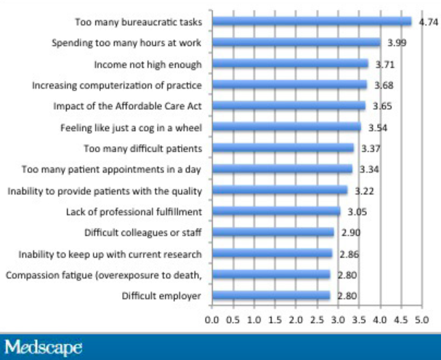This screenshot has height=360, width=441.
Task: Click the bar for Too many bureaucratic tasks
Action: click(x=312, y=22)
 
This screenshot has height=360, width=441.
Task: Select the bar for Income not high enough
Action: click(x=290, y=64)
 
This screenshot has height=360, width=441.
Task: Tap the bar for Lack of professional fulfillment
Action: click(x=276, y=212)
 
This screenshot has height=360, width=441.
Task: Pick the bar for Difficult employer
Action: click(x=271, y=296)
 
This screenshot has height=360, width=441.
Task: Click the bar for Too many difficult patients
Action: click(x=283, y=148)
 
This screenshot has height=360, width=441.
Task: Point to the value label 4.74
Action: click(x=429, y=23)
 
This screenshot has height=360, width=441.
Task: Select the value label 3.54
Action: click(x=377, y=128)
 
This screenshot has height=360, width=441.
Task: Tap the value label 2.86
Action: click(x=349, y=255)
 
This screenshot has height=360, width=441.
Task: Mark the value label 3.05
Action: click(x=357, y=212)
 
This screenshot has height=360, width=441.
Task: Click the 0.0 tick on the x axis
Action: click(x=212, y=319)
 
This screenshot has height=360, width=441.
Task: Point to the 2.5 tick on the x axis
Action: click(x=317, y=319)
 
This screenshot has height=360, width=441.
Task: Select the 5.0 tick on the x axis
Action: click(x=421, y=319)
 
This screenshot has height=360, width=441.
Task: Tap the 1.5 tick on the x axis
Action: click(x=275, y=319)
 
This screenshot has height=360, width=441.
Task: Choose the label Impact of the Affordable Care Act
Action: click(x=127, y=106)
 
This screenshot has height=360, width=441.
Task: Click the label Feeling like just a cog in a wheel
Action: click(x=130, y=128)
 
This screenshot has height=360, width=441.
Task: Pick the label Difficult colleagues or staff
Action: click(x=142, y=233)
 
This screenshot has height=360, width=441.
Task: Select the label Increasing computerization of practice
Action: click(x=117, y=85)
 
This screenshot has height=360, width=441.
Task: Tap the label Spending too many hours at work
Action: click(x=126, y=43)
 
